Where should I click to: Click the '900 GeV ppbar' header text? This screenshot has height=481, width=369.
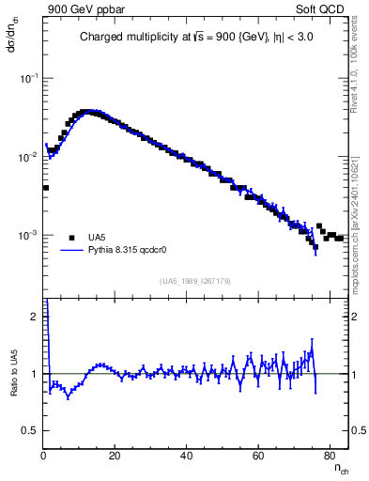(x=87, y=9)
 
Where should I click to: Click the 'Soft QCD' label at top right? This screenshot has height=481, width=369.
(x=324, y=9)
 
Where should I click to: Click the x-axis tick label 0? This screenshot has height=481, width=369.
(x=44, y=458)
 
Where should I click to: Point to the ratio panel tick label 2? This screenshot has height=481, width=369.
(x=34, y=318)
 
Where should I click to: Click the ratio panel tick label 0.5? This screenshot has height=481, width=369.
(x=30, y=430)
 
